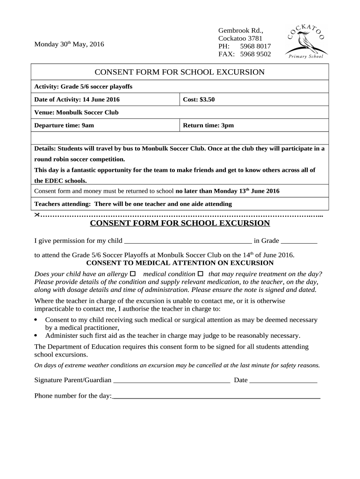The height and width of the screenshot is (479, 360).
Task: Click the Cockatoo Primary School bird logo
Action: [x=306, y=43]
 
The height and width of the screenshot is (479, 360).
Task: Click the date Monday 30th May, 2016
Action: [x=69, y=44]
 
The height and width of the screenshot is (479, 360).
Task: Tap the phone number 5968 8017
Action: [x=255, y=46]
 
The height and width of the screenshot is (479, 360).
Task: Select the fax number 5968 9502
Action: [x=255, y=54]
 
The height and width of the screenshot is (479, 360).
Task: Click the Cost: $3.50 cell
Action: [x=254, y=100]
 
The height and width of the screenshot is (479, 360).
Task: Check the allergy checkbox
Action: [x=132, y=273]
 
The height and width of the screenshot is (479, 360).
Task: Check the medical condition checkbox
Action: [x=201, y=273]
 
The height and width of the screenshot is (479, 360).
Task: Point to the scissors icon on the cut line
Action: [x=37, y=214]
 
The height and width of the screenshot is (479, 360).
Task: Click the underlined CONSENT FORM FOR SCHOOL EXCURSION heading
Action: [x=180, y=223]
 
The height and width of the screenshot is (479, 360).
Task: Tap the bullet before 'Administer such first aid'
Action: [x=37, y=335]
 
